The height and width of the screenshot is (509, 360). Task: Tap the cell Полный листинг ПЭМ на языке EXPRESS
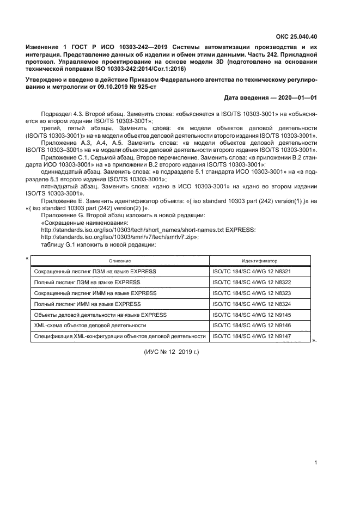[87, 282]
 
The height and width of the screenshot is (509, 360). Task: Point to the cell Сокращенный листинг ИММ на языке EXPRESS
[95, 293]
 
